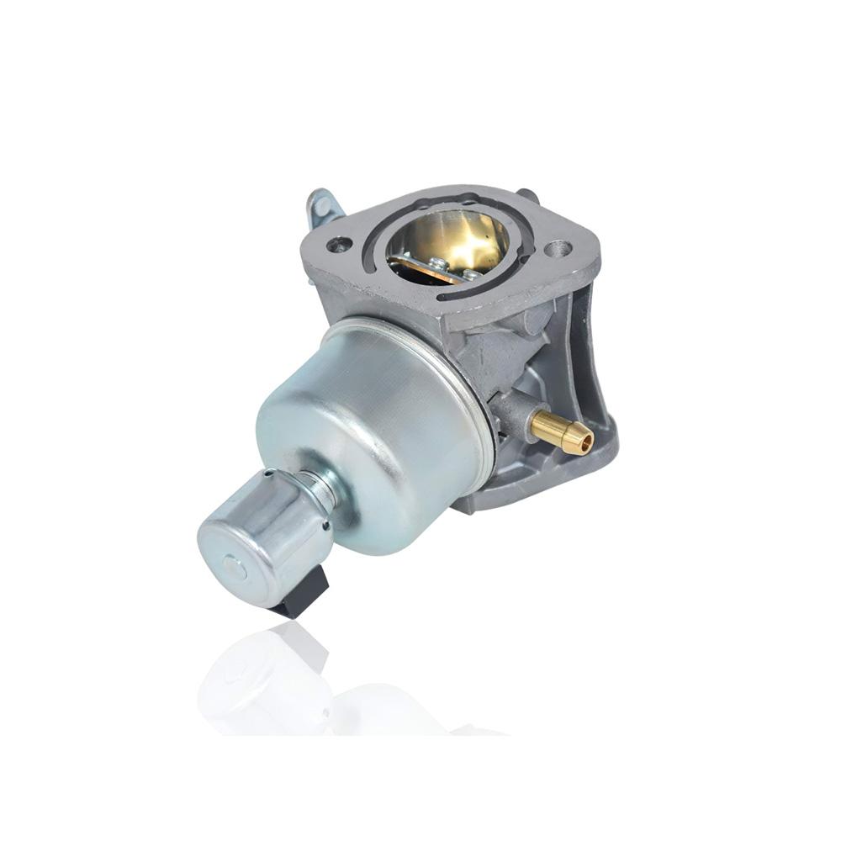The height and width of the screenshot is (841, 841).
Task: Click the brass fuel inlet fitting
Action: coord(560,431)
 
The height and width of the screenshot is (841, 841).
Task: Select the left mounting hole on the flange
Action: coord(339,246)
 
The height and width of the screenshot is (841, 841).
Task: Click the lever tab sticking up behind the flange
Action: coord(321,206)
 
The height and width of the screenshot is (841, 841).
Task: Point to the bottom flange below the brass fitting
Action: coord(538,488)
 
